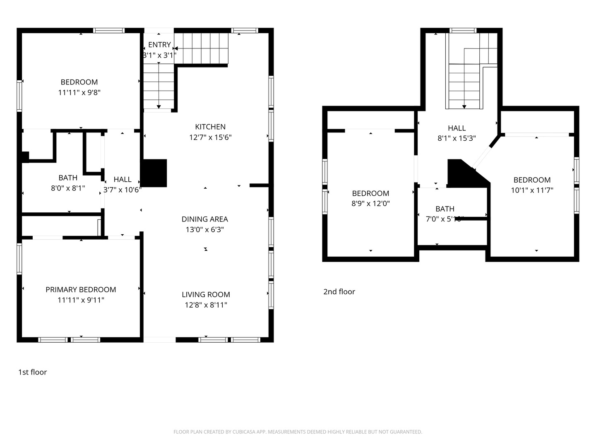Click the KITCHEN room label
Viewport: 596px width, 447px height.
pos(210,127)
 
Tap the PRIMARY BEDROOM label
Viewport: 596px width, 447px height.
pos(81,290)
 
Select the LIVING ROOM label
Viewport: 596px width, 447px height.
pos(206,295)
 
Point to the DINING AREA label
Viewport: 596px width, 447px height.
pos(204,219)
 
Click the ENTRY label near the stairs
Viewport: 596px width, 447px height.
pos(159,45)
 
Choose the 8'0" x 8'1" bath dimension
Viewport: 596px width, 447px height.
pos(68,188)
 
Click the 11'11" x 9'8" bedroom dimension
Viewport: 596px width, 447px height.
pos(79,92)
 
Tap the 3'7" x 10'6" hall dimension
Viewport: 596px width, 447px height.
pos(122,190)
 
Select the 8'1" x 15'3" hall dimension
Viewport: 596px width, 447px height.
pos(457,139)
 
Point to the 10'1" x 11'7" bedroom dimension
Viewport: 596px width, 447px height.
pos(532,190)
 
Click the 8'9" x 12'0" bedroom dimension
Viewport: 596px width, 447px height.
pos(370,204)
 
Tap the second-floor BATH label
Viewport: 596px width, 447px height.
pos(445,209)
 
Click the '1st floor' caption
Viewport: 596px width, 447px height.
pos(32,372)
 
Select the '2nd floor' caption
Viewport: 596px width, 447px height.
pos(339,292)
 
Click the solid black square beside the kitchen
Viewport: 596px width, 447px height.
pos(154,173)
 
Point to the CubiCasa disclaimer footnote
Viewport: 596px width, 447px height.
pos(298,432)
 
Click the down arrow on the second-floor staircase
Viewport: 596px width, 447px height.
pos(464,106)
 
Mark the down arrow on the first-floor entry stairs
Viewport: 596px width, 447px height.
pos(159,107)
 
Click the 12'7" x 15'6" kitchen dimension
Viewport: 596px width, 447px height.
pos(210,137)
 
